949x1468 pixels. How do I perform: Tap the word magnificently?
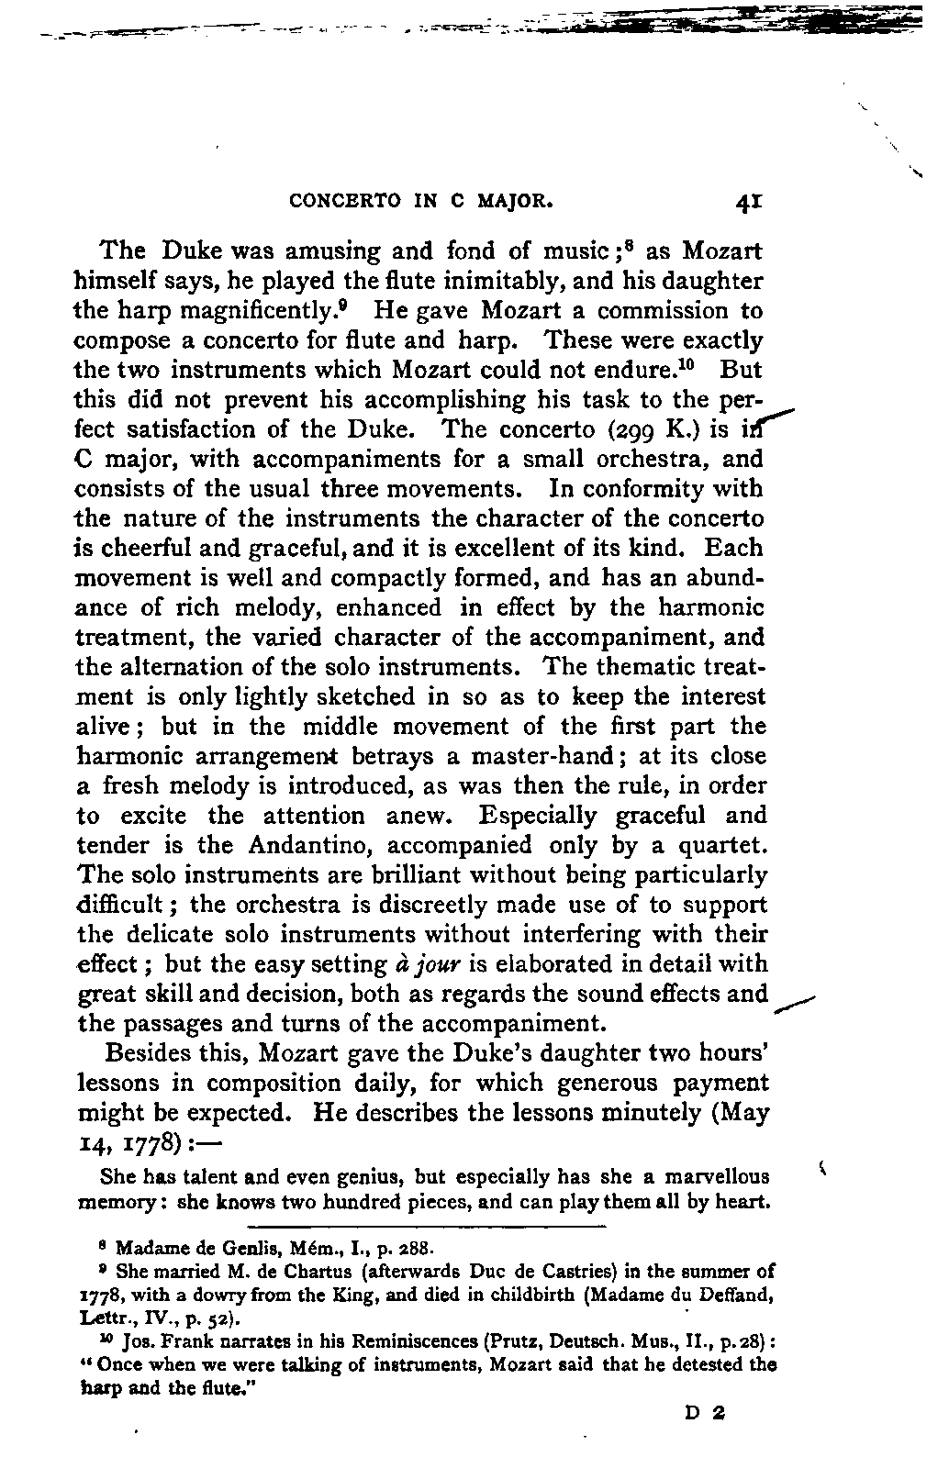coord(278,310)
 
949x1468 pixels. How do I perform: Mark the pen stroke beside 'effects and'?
coord(795,1004)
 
